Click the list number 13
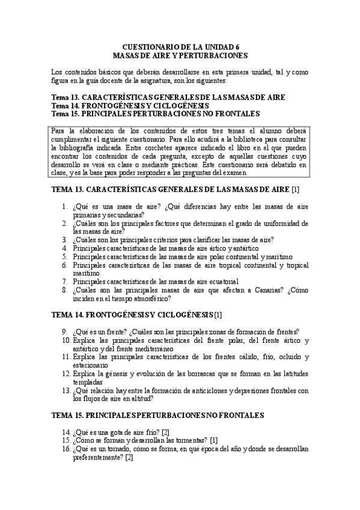point(66,390)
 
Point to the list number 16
point(66,450)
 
